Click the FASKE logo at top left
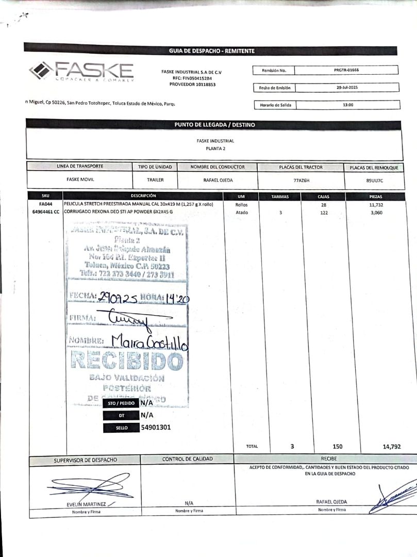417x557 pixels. point(81,72)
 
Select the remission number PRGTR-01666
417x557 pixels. point(346,70)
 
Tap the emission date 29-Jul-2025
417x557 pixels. point(347,88)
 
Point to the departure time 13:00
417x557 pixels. point(348,105)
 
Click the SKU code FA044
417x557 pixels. point(45,205)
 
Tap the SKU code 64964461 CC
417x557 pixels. point(45,212)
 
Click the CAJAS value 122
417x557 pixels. point(324,212)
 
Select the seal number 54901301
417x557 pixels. point(156,427)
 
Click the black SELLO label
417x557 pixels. point(122,428)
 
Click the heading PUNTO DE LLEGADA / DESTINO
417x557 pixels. point(214,125)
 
